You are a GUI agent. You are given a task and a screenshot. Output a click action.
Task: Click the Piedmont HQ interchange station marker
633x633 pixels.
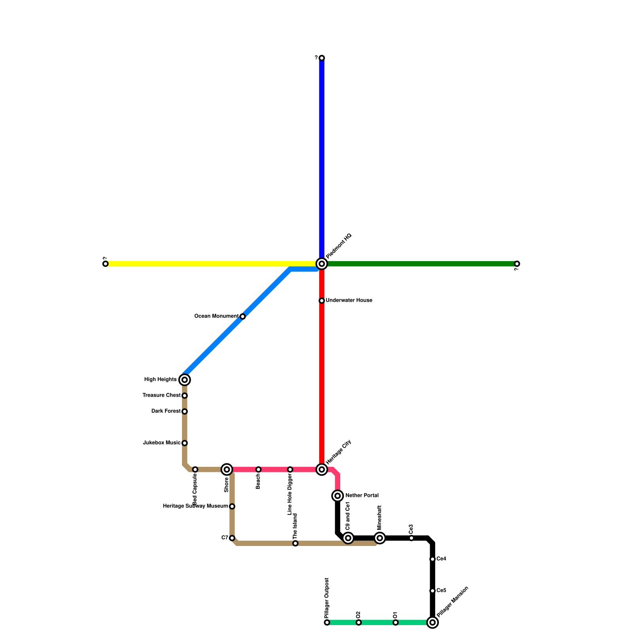pyautogui.click(x=322, y=263)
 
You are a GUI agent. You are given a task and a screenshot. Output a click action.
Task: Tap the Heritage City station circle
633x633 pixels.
pyautogui.click(x=322, y=470)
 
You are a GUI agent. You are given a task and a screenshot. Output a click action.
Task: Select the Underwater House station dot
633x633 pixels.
pyautogui.click(x=322, y=301)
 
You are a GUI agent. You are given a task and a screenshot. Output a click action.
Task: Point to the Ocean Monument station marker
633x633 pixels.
pyautogui.click(x=243, y=316)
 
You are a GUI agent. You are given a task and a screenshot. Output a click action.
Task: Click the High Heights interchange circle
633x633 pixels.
pyautogui.click(x=184, y=380)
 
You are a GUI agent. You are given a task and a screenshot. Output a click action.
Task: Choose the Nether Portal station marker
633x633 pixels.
pyautogui.click(x=337, y=496)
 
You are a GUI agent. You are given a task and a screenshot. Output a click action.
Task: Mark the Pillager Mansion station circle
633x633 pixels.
pyautogui.click(x=432, y=623)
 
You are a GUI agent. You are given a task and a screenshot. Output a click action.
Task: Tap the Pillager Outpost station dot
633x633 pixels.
pyautogui.click(x=327, y=623)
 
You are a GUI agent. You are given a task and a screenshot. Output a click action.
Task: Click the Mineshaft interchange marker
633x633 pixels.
pyautogui.click(x=380, y=538)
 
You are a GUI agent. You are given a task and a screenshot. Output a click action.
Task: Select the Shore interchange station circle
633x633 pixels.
pyautogui.click(x=227, y=470)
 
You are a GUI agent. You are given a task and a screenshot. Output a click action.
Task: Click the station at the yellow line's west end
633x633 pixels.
pyautogui.click(x=105, y=264)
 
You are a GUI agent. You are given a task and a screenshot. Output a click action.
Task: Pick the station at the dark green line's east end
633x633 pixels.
pyautogui.click(x=517, y=264)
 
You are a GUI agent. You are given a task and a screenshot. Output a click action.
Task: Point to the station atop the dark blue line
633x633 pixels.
pyautogui.click(x=322, y=58)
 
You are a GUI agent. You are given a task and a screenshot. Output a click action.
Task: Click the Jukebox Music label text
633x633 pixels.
pyautogui.click(x=161, y=443)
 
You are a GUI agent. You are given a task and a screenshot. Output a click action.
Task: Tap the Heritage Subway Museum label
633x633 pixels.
pyautogui.click(x=195, y=506)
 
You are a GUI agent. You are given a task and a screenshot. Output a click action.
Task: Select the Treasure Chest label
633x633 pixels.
pyautogui.click(x=161, y=395)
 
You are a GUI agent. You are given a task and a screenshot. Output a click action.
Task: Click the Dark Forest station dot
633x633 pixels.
pyautogui.click(x=184, y=411)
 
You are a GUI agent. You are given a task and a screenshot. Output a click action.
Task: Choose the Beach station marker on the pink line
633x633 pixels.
pyautogui.click(x=258, y=470)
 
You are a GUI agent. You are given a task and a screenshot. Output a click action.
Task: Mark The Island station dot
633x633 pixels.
pyautogui.click(x=295, y=544)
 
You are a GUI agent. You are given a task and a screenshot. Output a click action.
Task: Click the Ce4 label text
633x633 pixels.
pyautogui.click(x=441, y=559)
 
